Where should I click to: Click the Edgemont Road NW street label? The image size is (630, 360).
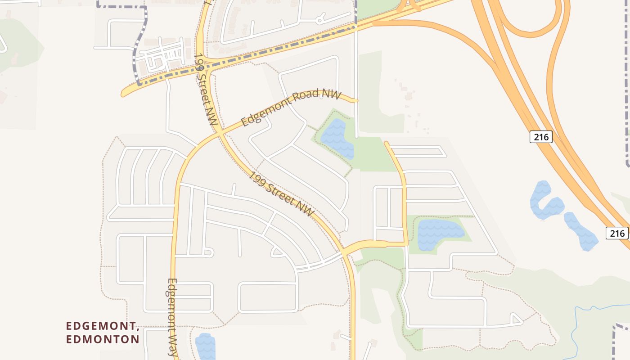[291, 108]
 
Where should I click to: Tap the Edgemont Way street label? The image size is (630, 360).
[172, 318]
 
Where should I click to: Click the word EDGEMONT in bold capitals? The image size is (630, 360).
[101, 326]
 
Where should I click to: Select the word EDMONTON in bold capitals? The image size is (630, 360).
[103, 339]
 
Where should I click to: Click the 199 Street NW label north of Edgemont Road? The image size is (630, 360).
[207, 90]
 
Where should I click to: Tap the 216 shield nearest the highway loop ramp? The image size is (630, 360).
[540, 137]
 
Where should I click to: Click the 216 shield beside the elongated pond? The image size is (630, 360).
[617, 233]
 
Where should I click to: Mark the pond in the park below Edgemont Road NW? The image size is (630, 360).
[337, 139]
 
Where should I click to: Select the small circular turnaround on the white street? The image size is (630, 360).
[319, 20]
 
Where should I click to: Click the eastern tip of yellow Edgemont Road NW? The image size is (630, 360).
[355, 100]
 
